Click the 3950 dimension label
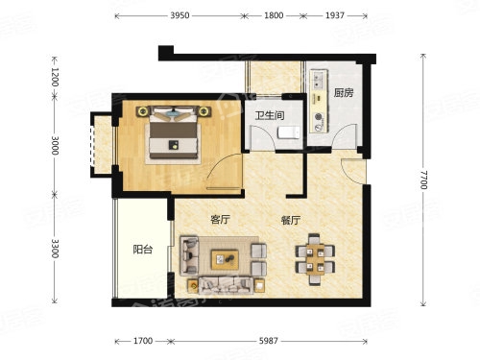pos(180,15)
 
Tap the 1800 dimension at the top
pos(274,15)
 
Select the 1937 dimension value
pos(335,15)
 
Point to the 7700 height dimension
pos(423,180)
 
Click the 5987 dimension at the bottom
pos(268,341)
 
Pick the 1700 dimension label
pos(143,341)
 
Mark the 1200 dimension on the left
pos(55,78)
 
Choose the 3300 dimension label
pos(55,249)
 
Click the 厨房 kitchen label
pos(344,93)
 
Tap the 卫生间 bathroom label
pos(270,115)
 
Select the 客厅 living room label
pos(220,220)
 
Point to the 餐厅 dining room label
pos(291,221)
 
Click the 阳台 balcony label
pos(143,250)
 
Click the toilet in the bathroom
pos(289,132)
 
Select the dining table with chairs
pos(315,259)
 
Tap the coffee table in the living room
pos(225,259)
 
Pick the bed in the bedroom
pos(173,132)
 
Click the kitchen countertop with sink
pos(320,101)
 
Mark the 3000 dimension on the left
pos(55,146)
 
